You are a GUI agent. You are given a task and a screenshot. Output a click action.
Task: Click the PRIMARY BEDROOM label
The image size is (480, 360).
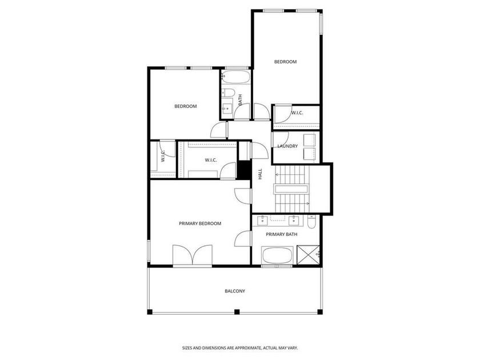200,223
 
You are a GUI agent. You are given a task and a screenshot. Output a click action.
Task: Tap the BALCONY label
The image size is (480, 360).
235,291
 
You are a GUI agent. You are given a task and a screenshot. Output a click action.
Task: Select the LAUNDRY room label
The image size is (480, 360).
287,146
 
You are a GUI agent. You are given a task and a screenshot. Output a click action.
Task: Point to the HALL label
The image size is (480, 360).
260,174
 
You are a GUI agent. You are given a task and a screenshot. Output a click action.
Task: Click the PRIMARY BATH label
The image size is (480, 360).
281,234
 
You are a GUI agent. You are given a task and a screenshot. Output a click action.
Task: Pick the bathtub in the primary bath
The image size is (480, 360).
277,255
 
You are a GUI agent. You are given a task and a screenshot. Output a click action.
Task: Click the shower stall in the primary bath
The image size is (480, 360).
308,255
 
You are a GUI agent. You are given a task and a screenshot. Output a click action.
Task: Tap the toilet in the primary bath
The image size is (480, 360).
311,222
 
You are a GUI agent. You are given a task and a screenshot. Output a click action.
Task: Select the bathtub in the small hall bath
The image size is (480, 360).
235,77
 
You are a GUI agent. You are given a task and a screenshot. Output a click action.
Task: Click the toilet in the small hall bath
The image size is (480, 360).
228,92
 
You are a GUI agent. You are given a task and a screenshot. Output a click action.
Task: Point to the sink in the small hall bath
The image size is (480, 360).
227,108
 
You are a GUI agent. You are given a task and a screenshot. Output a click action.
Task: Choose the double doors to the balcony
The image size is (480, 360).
192,255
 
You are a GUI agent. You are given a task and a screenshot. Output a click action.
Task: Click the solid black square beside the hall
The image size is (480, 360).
245,171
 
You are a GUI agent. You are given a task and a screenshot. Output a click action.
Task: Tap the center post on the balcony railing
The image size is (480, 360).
237,312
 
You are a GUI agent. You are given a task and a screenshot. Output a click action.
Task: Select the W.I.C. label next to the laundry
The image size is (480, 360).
297,113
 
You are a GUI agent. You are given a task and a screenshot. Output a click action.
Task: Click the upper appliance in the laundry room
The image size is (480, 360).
309,139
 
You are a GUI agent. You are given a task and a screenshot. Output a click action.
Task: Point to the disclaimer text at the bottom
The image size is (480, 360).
239,348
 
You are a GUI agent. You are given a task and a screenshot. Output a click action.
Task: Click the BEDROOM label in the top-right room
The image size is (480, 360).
285,62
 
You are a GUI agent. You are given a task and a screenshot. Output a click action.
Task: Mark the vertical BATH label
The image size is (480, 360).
240,100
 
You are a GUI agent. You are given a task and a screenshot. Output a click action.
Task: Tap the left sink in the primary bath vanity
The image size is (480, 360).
263,221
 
